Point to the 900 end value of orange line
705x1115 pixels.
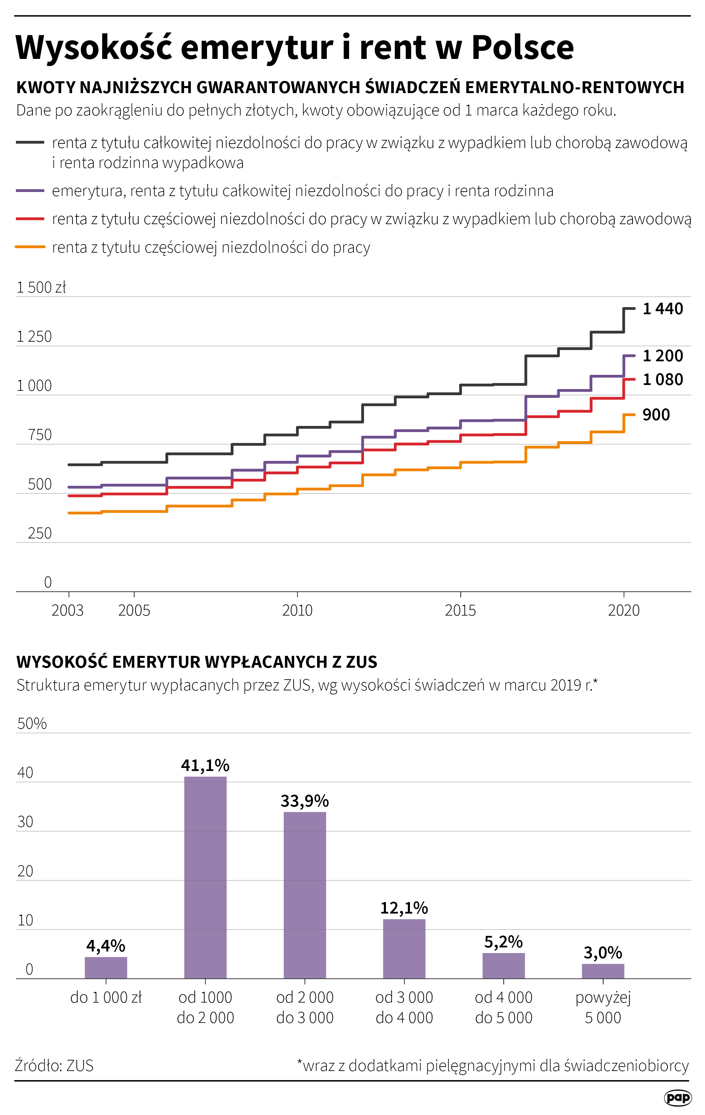tap(656, 415)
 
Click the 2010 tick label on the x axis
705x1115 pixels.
tap(297, 610)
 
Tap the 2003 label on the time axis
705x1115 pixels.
tap(68, 610)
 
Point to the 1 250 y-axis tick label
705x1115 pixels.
tap(34, 337)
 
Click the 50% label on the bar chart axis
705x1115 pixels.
tap(32, 724)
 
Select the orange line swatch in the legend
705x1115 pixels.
tap(30, 247)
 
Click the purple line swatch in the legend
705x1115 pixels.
tap(30, 191)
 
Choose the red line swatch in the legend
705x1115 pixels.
tap(30, 218)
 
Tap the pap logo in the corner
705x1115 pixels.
tap(677, 1097)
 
